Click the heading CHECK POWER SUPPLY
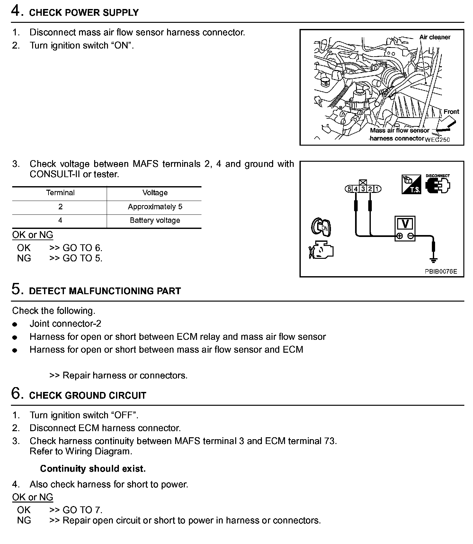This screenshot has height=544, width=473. (84, 13)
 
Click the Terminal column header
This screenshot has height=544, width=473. (60, 193)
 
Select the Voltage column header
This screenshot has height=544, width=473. (155, 193)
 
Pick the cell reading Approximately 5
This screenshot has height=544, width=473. (155, 207)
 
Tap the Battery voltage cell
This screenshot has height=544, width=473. (155, 221)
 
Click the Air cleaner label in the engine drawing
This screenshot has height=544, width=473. (435, 37)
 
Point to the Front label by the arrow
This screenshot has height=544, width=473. (451, 112)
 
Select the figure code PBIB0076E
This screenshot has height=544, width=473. (441, 271)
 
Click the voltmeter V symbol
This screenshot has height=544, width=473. (405, 224)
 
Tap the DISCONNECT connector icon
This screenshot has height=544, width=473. (438, 184)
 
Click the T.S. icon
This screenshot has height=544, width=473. (411, 184)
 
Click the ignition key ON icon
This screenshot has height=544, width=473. (321, 227)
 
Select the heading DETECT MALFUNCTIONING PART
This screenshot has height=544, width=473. (105, 291)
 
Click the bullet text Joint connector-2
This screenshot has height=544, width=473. (65, 324)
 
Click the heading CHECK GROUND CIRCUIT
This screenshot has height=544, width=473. (87, 395)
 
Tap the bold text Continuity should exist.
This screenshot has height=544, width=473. (93, 469)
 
